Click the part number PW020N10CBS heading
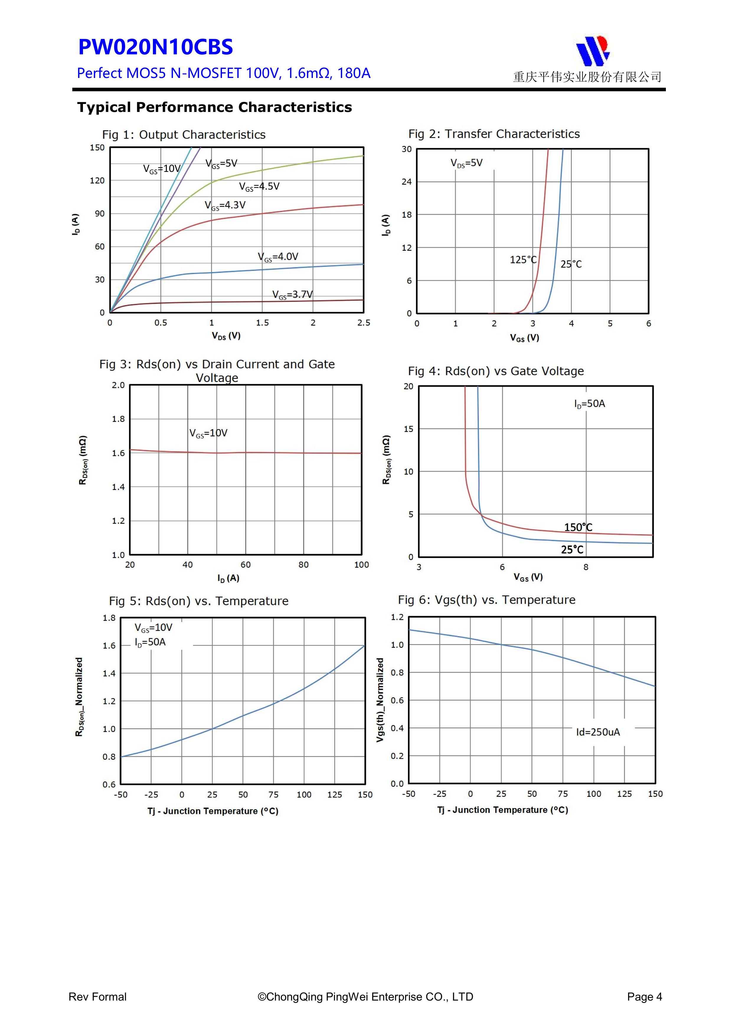[x=156, y=47]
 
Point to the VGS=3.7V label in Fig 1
[x=292, y=295]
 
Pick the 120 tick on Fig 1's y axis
[x=97, y=180]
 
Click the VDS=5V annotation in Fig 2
[x=466, y=163]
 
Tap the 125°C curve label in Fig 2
[x=523, y=260]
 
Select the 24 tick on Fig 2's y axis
[x=406, y=182]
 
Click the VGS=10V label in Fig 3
[x=208, y=433]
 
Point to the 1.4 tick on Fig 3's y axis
[x=118, y=487]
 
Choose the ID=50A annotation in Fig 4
[x=589, y=404]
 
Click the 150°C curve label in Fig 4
[x=578, y=527]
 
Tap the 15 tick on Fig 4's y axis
[x=408, y=429]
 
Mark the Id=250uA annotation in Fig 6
[x=598, y=732]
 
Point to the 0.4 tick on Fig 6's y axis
[x=397, y=728]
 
